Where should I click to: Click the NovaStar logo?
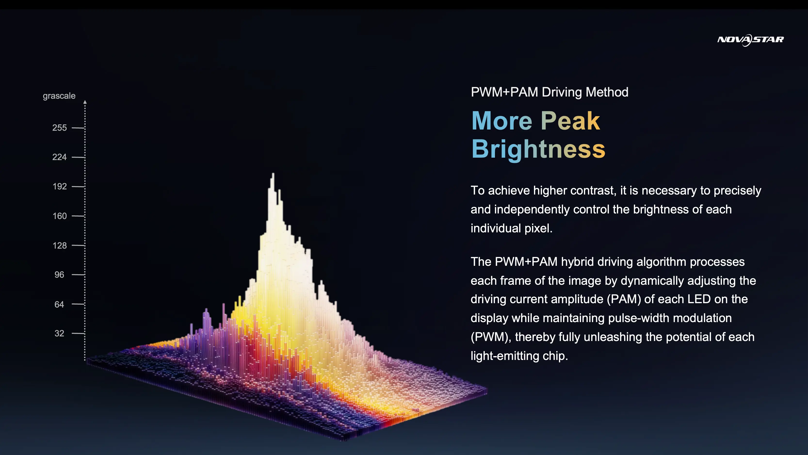(x=750, y=40)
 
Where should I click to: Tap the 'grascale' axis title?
(x=59, y=96)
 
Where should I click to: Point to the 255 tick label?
(x=60, y=128)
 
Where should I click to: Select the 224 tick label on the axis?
(x=60, y=157)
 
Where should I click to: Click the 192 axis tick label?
(x=60, y=187)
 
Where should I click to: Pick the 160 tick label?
(x=60, y=216)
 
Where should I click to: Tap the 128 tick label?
(x=60, y=245)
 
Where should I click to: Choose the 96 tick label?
(x=59, y=275)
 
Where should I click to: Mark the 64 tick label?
(x=59, y=304)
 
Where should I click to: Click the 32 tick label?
(x=59, y=333)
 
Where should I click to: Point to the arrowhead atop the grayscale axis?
(x=85, y=102)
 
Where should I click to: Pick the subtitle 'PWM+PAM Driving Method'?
(x=549, y=92)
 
